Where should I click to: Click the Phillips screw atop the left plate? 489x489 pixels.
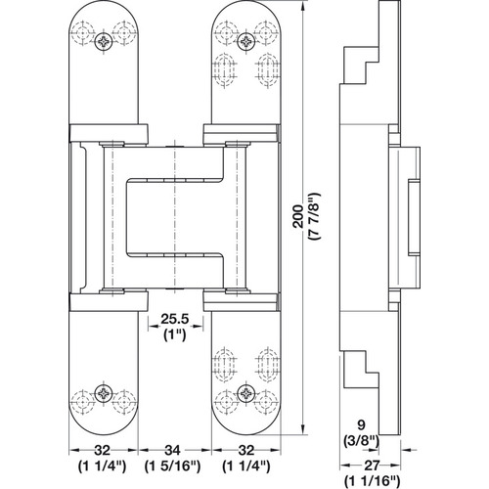pos(105,39)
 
